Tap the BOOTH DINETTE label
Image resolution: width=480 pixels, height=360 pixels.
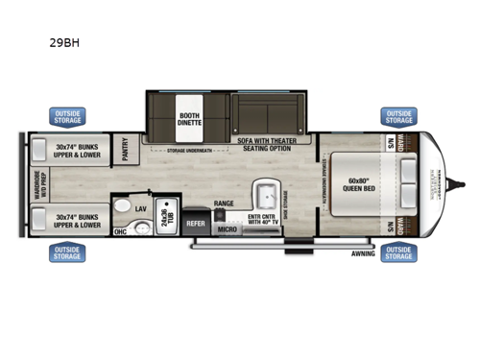coord(188,120)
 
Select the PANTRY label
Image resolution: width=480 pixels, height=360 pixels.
coord(125,150)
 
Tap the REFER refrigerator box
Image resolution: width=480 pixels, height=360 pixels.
coord(195,223)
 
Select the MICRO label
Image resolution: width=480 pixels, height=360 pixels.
coord(227,228)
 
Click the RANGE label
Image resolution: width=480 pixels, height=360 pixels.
coord(224,204)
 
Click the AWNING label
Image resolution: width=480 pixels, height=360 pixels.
coord(363,254)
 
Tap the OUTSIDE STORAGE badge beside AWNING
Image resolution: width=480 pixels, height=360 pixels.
coord(398,253)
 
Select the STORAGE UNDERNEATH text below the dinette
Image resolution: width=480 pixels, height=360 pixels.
coord(188,151)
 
